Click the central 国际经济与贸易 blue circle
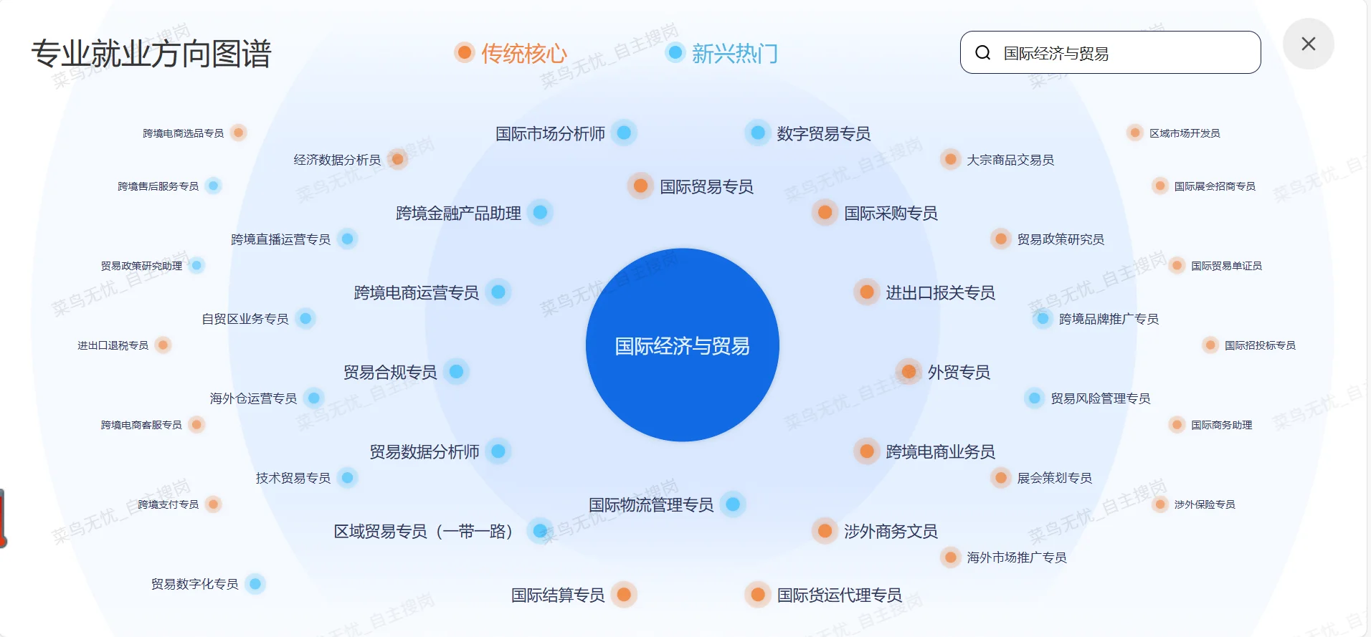pos(682,345)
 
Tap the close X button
pos(1308,44)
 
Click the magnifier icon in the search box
pos(982,53)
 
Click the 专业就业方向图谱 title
pos(151,54)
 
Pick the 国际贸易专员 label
pos(706,187)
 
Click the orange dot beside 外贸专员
pos(909,371)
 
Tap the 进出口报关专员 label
pos(940,292)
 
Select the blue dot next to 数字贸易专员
pos(757,133)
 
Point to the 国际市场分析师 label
pos(550,133)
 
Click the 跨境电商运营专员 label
pos(416,292)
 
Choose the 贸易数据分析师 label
pos(424,451)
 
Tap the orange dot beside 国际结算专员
pos(624,594)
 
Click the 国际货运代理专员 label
pos(839,595)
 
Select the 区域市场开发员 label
pos(1184,133)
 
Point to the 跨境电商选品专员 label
pos(183,133)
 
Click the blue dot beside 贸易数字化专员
pos(255,583)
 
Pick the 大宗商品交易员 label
pos(1010,160)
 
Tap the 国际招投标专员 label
pos(1259,345)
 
